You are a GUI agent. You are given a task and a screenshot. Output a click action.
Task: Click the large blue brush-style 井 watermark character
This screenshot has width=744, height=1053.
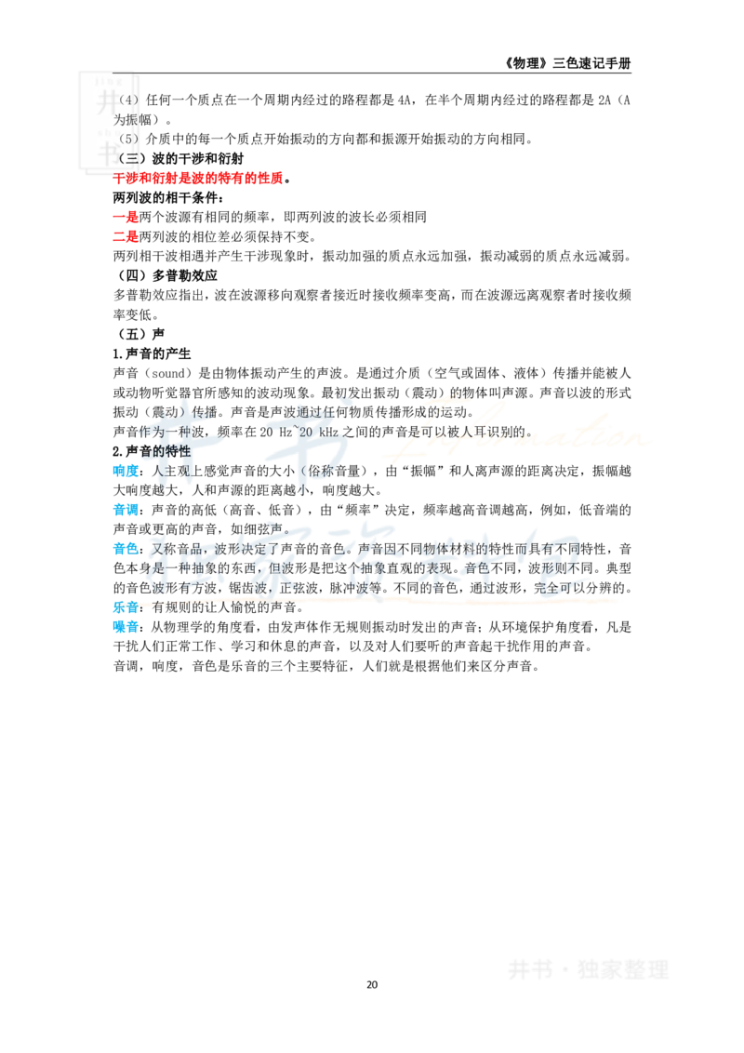182,435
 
